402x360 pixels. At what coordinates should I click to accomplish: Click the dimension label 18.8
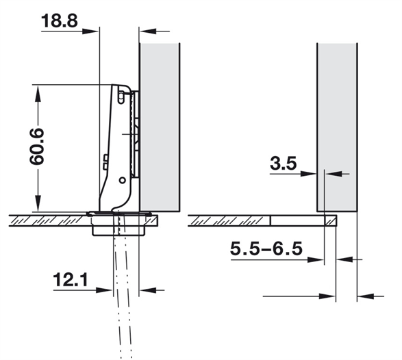(x=59, y=21)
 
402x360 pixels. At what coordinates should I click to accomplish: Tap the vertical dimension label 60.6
(x=36, y=146)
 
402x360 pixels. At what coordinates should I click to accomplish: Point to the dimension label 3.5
(x=283, y=164)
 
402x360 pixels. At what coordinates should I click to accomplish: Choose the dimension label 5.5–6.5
(x=266, y=248)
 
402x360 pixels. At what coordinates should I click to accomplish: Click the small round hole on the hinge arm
(x=123, y=181)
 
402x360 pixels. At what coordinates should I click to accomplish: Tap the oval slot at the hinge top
(x=121, y=98)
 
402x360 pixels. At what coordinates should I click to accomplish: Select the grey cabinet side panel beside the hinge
(x=160, y=127)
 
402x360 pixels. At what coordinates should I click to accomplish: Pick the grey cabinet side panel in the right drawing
(x=337, y=127)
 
